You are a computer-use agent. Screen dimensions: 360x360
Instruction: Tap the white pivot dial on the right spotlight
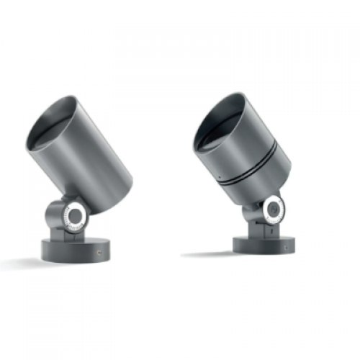coord(274,208)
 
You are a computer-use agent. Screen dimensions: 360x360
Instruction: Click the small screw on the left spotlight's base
coord(100,251)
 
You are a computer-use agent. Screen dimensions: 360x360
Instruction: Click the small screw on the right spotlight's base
coord(289,245)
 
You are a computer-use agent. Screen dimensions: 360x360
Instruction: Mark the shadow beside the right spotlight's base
coord(209,253)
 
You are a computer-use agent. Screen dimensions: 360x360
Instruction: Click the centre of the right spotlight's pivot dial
coord(274,208)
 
